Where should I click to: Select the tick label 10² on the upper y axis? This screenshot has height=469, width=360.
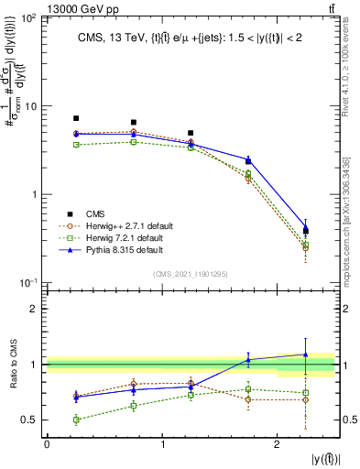29,19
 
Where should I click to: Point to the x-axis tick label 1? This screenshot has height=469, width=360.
162,444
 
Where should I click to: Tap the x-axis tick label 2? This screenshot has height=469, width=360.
278,444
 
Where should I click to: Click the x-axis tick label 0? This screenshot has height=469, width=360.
47,444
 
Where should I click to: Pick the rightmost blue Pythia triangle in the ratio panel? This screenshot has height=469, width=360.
306,354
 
